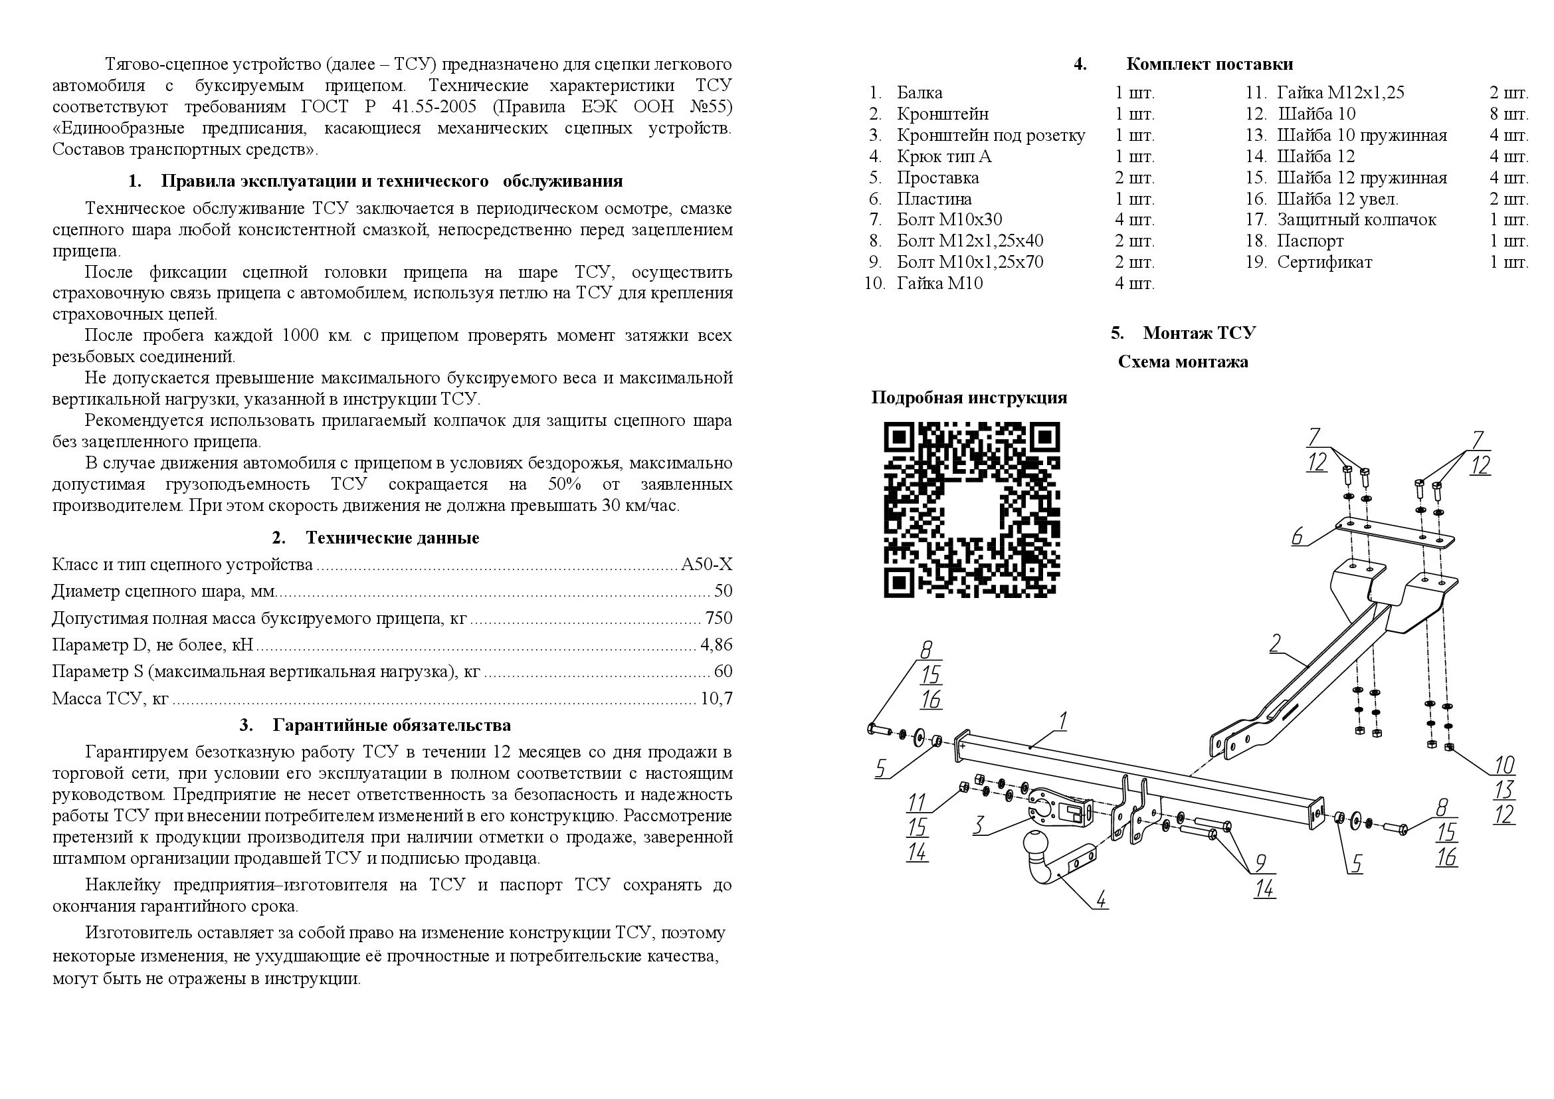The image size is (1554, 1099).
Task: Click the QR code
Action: (971, 510)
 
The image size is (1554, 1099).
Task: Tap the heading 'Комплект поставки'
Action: (1209, 64)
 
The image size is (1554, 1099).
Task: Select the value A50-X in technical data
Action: (707, 564)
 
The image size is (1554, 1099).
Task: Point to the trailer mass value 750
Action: (718, 618)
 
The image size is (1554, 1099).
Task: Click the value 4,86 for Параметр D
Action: (716, 645)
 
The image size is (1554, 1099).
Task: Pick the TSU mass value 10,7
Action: (716, 698)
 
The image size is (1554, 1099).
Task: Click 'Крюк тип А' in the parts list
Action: (943, 156)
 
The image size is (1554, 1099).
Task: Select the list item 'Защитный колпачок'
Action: (1356, 220)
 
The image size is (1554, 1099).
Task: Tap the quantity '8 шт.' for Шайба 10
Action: (1508, 114)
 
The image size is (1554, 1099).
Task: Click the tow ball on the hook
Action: (1036, 843)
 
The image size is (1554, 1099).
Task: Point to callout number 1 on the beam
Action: (1062, 722)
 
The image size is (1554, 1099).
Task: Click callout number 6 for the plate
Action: (1297, 537)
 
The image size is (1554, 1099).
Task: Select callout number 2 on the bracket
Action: (1274, 643)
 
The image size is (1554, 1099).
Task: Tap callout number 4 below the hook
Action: (1101, 900)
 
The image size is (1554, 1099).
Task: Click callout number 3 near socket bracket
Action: (978, 825)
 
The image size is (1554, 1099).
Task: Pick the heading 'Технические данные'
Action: (392, 538)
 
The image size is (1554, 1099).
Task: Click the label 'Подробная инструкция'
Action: (969, 397)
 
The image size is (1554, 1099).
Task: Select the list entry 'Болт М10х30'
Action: (949, 220)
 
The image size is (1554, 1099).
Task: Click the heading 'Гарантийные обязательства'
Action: (391, 726)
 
